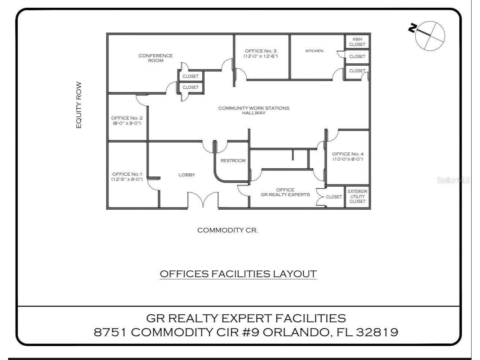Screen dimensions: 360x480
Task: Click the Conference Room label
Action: (x=155, y=58)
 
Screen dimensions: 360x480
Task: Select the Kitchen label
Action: (x=314, y=51)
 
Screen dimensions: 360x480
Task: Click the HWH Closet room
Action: (x=357, y=42)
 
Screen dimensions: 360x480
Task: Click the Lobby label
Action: (x=187, y=175)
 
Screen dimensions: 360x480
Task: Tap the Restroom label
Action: (x=233, y=161)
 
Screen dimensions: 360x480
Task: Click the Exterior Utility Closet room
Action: (x=358, y=196)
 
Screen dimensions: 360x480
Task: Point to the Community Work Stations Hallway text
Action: (x=254, y=110)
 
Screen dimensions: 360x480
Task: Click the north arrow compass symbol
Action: (x=430, y=36)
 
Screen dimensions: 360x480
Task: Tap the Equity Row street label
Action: (x=79, y=105)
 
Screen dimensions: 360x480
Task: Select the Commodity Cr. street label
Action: (x=228, y=230)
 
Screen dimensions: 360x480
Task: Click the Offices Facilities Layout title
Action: (x=238, y=274)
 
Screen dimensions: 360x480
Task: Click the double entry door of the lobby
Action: (x=203, y=200)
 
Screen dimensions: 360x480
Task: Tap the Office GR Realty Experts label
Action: (x=285, y=192)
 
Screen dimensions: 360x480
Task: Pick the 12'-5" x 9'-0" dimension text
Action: (x=127, y=179)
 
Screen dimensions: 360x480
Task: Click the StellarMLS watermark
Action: (x=453, y=180)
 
